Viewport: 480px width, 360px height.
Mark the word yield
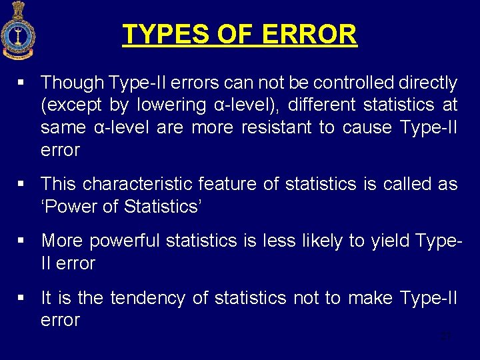tap(371, 241)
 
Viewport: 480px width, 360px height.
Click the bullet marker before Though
tap(22, 83)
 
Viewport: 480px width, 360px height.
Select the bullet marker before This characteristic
tap(22, 185)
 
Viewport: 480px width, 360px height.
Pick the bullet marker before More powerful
tap(22, 241)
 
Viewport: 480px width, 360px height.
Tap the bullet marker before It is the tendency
tap(22, 298)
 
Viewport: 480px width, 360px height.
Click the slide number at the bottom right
tap(446, 336)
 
